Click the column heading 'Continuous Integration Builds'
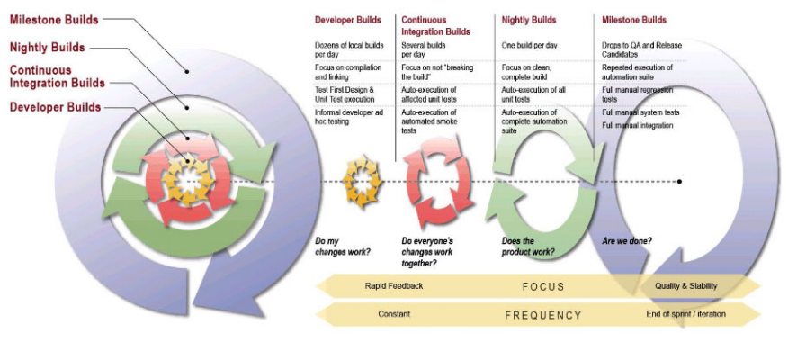[x=435, y=25]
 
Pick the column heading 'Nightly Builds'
[x=530, y=20]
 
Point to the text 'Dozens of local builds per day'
[x=345, y=49]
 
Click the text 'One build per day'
[x=530, y=44]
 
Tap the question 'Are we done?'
[x=627, y=240]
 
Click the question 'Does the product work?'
[x=528, y=246]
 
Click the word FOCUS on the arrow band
[x=542, y=286]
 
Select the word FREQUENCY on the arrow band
[x=542, y=315]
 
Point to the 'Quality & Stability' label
[x=687, y=286]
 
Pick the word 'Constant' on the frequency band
[x=394, y=314]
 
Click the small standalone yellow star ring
[x=363, y=181]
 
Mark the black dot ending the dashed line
[x=679, y=181]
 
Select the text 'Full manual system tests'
[x=640, y=112]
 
